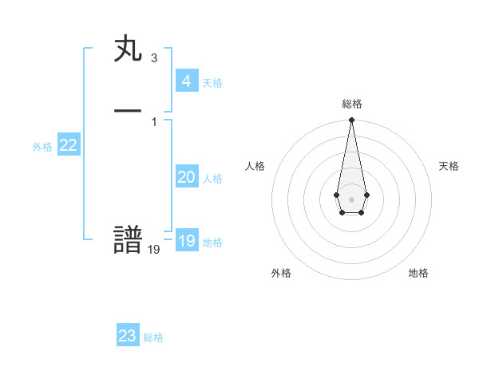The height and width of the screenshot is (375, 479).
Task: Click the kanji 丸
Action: (x=128, y=50)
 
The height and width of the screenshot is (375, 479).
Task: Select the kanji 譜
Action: (x=128, y=240)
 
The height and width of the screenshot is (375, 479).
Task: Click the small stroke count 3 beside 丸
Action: (x=153, y=58)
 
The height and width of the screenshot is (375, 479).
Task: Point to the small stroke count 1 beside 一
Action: (x=153, y=121)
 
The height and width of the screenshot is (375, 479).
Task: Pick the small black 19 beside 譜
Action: (x=154, y=250)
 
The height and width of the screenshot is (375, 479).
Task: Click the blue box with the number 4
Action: (x=186, y=81)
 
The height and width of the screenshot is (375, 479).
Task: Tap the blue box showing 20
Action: (x=186, y=177)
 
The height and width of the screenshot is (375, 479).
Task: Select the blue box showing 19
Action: (x=186, y=241)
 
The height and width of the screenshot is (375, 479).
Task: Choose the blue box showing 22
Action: (x=68, y=145)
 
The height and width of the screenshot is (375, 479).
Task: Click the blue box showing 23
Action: (x=127, y=336)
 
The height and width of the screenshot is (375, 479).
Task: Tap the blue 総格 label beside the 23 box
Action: (x=153, y=337)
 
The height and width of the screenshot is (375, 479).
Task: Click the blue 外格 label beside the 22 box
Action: (x=42, y=147)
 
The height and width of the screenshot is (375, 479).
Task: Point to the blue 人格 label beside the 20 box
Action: (x=212, y=179)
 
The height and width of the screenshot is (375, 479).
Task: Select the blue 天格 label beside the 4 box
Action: (x=212, y=83)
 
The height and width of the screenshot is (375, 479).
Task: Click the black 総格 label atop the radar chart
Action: (x=351, y=104)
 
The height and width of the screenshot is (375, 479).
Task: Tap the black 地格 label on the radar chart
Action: (x=418, y=273)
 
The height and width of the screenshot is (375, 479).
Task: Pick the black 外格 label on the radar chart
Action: (x=281, y=273)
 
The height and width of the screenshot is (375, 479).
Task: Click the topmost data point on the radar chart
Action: (x=351, y=120)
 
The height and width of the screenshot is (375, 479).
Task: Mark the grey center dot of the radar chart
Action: (x=351, y=198)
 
